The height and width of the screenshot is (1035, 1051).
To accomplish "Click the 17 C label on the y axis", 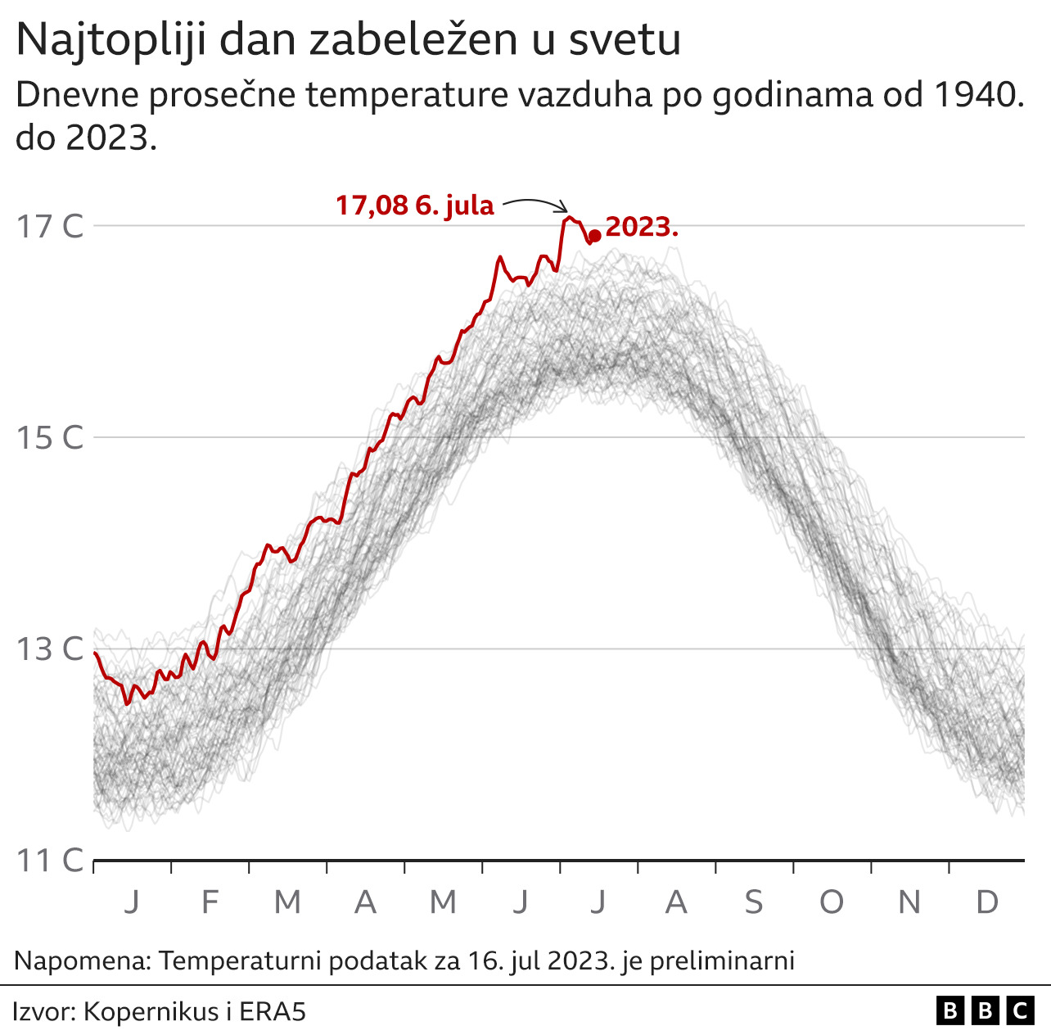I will pos(50,226).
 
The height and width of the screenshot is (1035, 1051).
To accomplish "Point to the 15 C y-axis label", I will pos(50,437).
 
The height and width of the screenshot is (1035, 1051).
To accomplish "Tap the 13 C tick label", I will pos(50,649).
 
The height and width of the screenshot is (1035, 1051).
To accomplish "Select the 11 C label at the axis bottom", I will pos(50,861).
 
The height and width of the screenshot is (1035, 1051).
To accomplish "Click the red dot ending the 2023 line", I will pos(595,236).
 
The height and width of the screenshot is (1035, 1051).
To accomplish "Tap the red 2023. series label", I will pos(642,227).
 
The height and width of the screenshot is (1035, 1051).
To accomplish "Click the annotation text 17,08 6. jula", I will pos(415,205).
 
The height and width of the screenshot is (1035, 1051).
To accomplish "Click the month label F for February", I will pos(210,902).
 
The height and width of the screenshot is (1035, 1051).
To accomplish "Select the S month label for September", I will pos(753,902).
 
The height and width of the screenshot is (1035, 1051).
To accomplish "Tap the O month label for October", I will pos(831,902).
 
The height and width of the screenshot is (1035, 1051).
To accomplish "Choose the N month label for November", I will pos(909,902).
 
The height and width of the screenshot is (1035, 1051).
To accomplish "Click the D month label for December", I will pos(987,902).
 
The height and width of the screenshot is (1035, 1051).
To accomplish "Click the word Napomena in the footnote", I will pos(82,960).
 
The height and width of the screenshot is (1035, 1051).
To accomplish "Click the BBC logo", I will pos(986,1012).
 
